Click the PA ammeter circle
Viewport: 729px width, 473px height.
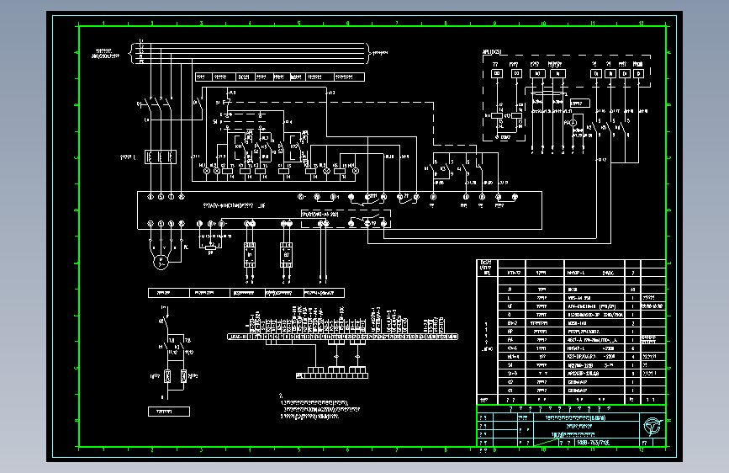pos(569,123)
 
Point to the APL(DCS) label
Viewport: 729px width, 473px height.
pos(492,53)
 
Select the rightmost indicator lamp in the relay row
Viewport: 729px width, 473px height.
pos(354,170)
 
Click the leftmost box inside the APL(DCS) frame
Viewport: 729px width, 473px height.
pos(496,74)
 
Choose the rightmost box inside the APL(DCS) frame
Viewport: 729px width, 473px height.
pos(640,74)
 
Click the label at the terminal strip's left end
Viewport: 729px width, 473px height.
pos(238,336)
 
